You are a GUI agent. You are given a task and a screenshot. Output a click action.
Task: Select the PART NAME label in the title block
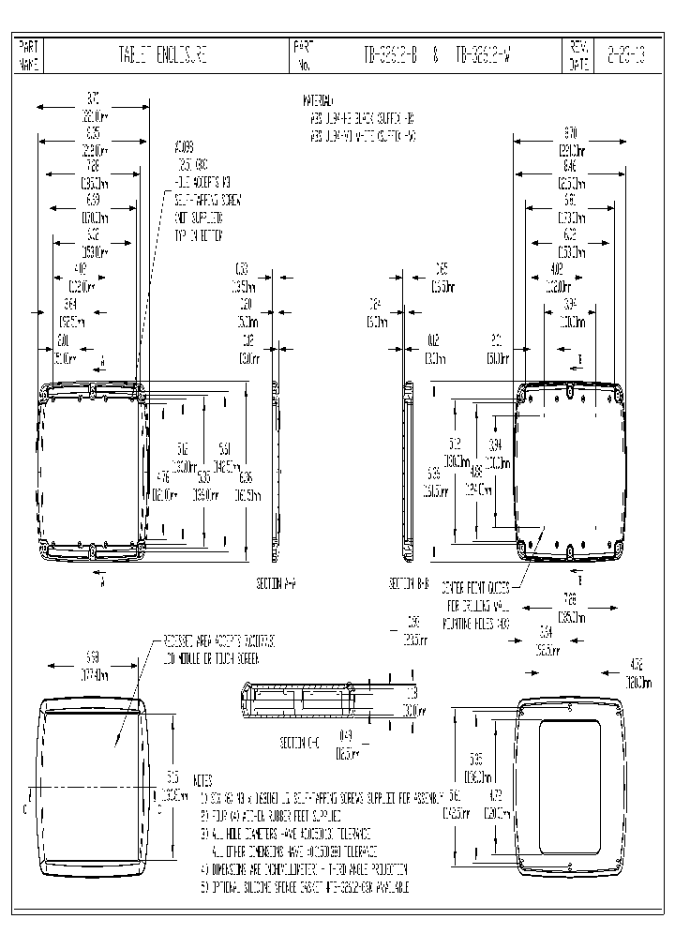(x=29, y=56)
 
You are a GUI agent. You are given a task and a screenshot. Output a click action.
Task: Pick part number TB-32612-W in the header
(x=486, y=56)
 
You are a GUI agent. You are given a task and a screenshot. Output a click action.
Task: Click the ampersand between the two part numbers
(x=436, y=56)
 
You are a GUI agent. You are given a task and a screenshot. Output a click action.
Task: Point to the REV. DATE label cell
(x=577, y=56)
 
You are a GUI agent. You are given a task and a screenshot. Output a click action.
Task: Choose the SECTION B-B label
(x=409, y=583)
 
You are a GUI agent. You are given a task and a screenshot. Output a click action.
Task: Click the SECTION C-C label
(x=301, y=743)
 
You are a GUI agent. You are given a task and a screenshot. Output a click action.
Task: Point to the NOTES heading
(x=202, y=780)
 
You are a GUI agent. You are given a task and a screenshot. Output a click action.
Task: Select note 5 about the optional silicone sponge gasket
(x=305, y=886)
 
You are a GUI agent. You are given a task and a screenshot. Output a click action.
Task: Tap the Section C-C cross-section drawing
(x=297, y=701)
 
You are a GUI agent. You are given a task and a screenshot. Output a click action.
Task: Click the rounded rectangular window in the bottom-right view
(x=571, y=786)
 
